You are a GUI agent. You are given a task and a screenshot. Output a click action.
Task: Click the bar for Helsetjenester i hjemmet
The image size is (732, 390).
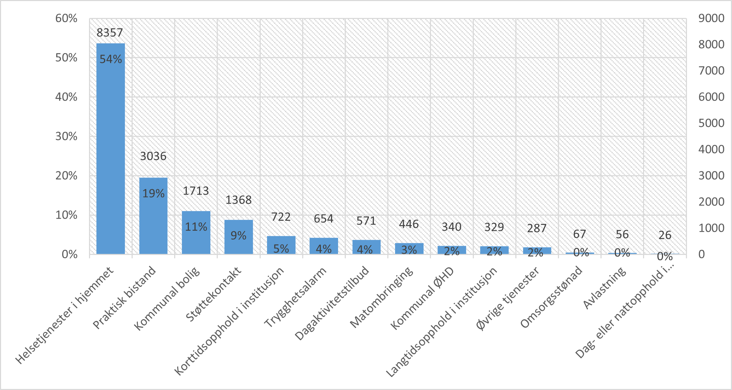click(110, 148)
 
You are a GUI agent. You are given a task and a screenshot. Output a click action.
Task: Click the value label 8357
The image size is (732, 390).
click(110, 33)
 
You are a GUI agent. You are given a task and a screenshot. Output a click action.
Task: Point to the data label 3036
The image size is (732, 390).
click(153, 156)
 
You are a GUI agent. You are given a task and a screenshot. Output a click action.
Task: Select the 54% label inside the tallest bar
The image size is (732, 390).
click(110, 59)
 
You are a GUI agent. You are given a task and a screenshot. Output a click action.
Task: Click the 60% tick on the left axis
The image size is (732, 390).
click(66, 18)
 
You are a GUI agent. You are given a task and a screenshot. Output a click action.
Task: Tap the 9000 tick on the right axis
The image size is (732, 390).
click(711, 18)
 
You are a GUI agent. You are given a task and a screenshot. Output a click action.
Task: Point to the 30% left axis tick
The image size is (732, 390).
click(66, 136)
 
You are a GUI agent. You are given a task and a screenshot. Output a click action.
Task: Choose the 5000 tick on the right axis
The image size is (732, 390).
click(711, 123)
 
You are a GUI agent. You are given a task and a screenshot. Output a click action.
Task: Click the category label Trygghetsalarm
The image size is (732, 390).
click(295, 297)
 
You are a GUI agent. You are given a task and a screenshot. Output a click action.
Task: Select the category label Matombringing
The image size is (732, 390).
click(382, 297)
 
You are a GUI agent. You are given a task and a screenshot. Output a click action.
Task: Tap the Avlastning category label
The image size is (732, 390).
click(604, 288)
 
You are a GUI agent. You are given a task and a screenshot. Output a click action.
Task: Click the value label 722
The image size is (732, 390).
click(281, 217)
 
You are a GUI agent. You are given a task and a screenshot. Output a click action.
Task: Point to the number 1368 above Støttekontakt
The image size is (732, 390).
click(238, 200)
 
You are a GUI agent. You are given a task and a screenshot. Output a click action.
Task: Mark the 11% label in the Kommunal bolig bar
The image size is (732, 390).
click(196, 227)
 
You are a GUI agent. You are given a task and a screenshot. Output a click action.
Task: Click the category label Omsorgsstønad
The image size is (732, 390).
click(551, 298)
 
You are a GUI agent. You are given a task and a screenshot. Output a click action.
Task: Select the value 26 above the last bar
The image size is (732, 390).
click(665, 235)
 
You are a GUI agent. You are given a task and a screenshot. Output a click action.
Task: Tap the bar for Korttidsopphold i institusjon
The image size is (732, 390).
click(281, 245)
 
